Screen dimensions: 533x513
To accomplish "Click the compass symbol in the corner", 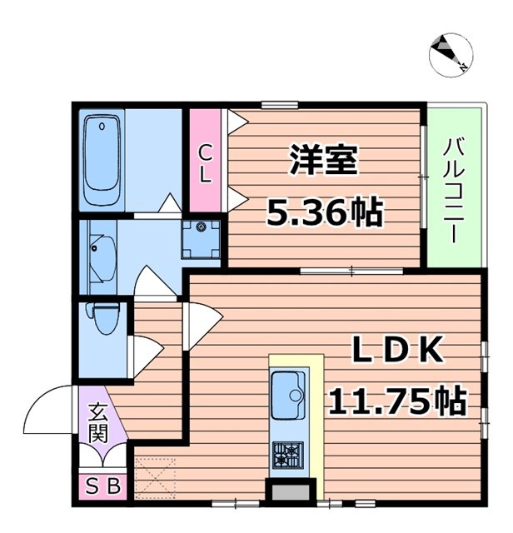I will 451,55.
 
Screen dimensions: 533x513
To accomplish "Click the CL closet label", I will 206,163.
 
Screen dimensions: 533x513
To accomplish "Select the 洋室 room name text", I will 324,161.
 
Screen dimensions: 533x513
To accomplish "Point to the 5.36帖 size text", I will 324,213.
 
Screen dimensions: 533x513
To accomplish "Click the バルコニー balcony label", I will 455,188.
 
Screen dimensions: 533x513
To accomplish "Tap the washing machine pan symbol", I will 201,237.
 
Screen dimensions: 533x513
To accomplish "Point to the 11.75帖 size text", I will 396,402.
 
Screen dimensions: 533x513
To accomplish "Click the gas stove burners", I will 288,455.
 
